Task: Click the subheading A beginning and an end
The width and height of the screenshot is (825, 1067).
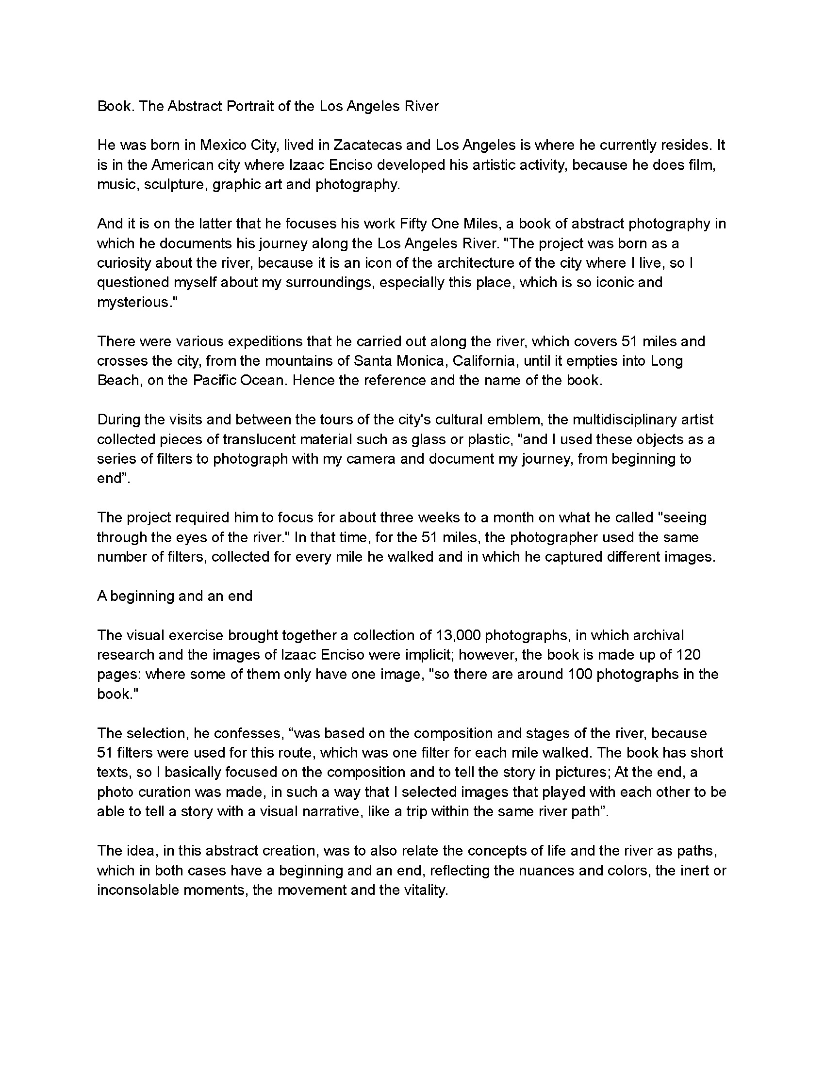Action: [x=175, y=596]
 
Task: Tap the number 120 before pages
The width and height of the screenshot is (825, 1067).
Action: [x=688, y=655]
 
